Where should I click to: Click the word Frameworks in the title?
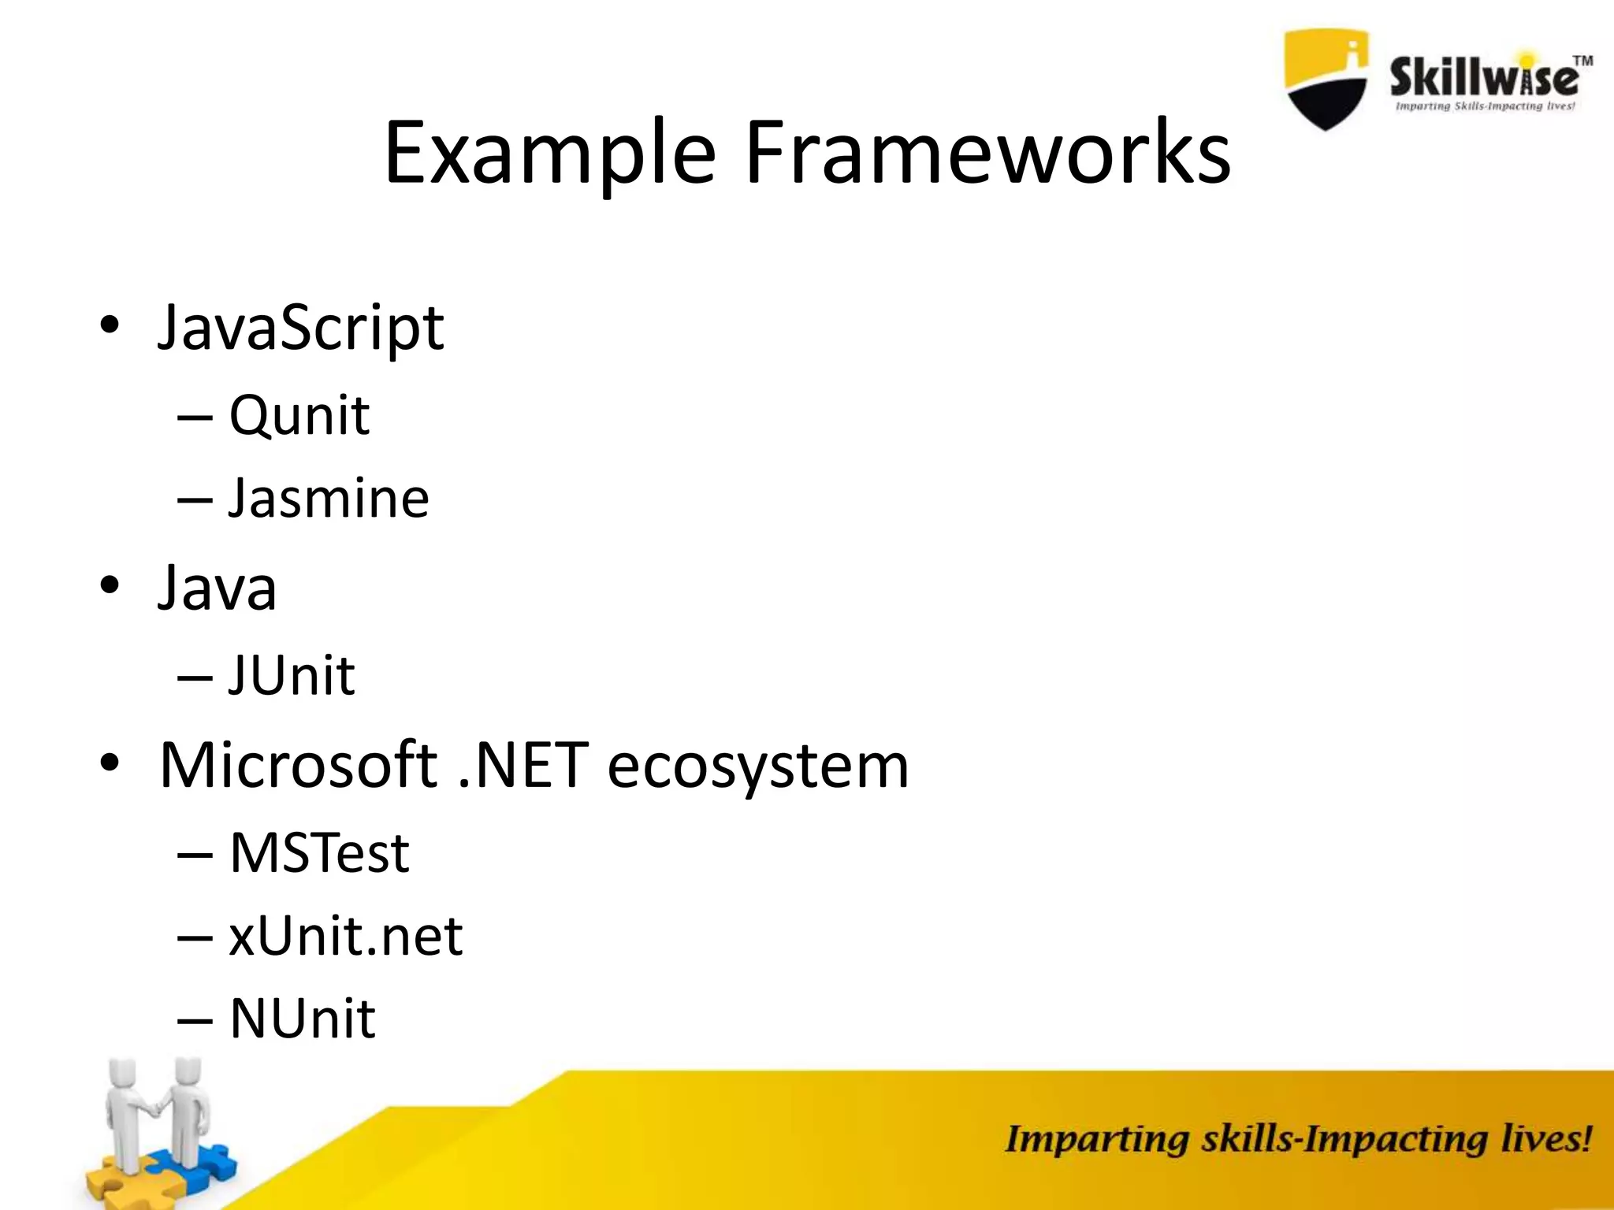(x=987, y=154)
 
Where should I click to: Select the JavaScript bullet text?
(x=300, y=328)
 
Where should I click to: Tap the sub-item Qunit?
(x=299, y=415)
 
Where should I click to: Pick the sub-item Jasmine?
(x=328, y=499)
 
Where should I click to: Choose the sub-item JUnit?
(x=292, y=676)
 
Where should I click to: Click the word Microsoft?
(x=298, y=765)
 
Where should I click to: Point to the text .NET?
(x=523, y=765)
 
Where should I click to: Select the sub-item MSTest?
(x=318, y=853)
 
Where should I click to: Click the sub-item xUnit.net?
(x=345, y=937)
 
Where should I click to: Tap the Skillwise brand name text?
(x=1483, y=79)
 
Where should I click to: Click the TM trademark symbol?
(x=1582, y=61)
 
